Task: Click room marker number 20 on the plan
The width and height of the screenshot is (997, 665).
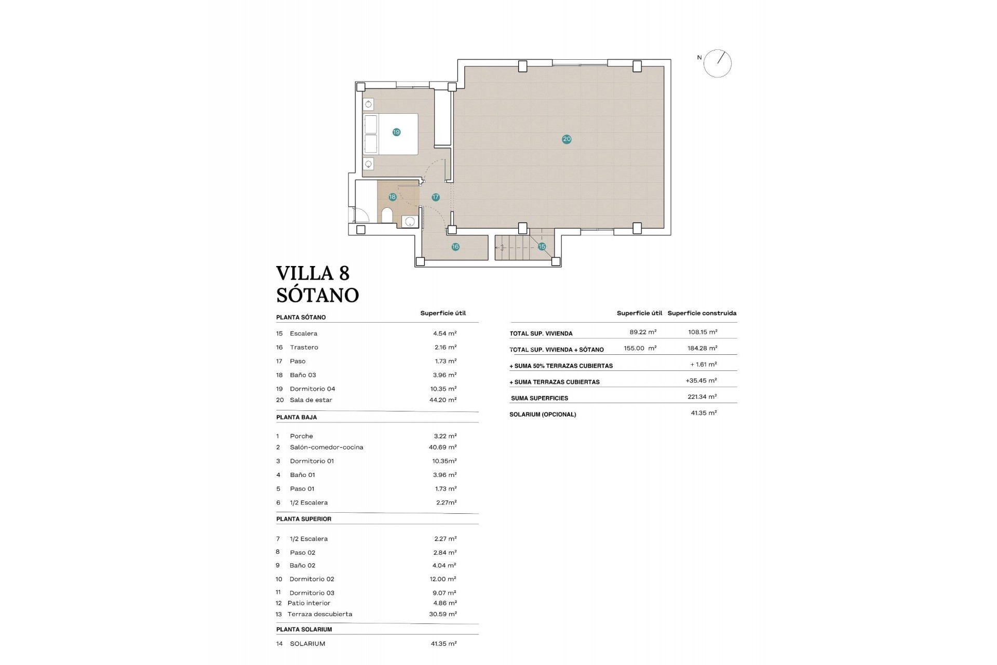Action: point(567,139)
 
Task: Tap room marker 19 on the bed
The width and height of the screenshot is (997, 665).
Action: point(396,132)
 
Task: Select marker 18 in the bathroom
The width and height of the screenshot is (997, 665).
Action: point(393,197)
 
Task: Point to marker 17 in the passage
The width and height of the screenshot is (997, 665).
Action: point(436,197)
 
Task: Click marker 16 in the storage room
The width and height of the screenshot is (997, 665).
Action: point(455,247)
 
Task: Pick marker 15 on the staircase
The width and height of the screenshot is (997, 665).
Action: point(542,247)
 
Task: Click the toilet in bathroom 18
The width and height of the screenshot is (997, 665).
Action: point(387,215)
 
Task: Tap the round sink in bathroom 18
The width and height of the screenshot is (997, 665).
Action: point(410,222)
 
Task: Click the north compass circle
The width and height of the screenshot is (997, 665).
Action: point(718,64)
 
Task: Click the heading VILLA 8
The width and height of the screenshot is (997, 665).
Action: point(313,273)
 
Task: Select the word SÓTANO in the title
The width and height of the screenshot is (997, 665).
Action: point(317,295)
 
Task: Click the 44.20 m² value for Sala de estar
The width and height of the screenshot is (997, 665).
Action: point(445,400)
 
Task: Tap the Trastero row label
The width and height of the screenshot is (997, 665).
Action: point(304,348)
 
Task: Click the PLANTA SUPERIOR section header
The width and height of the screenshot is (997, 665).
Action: point(304,519)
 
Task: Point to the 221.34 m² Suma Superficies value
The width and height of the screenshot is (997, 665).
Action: point(702,397)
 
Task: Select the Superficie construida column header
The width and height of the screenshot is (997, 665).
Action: point(702,313)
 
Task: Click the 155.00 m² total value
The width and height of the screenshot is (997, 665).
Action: point(640,349)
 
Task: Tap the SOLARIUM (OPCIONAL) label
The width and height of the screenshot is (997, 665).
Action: point(543,415)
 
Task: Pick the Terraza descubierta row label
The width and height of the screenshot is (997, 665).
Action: point(319,614)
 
